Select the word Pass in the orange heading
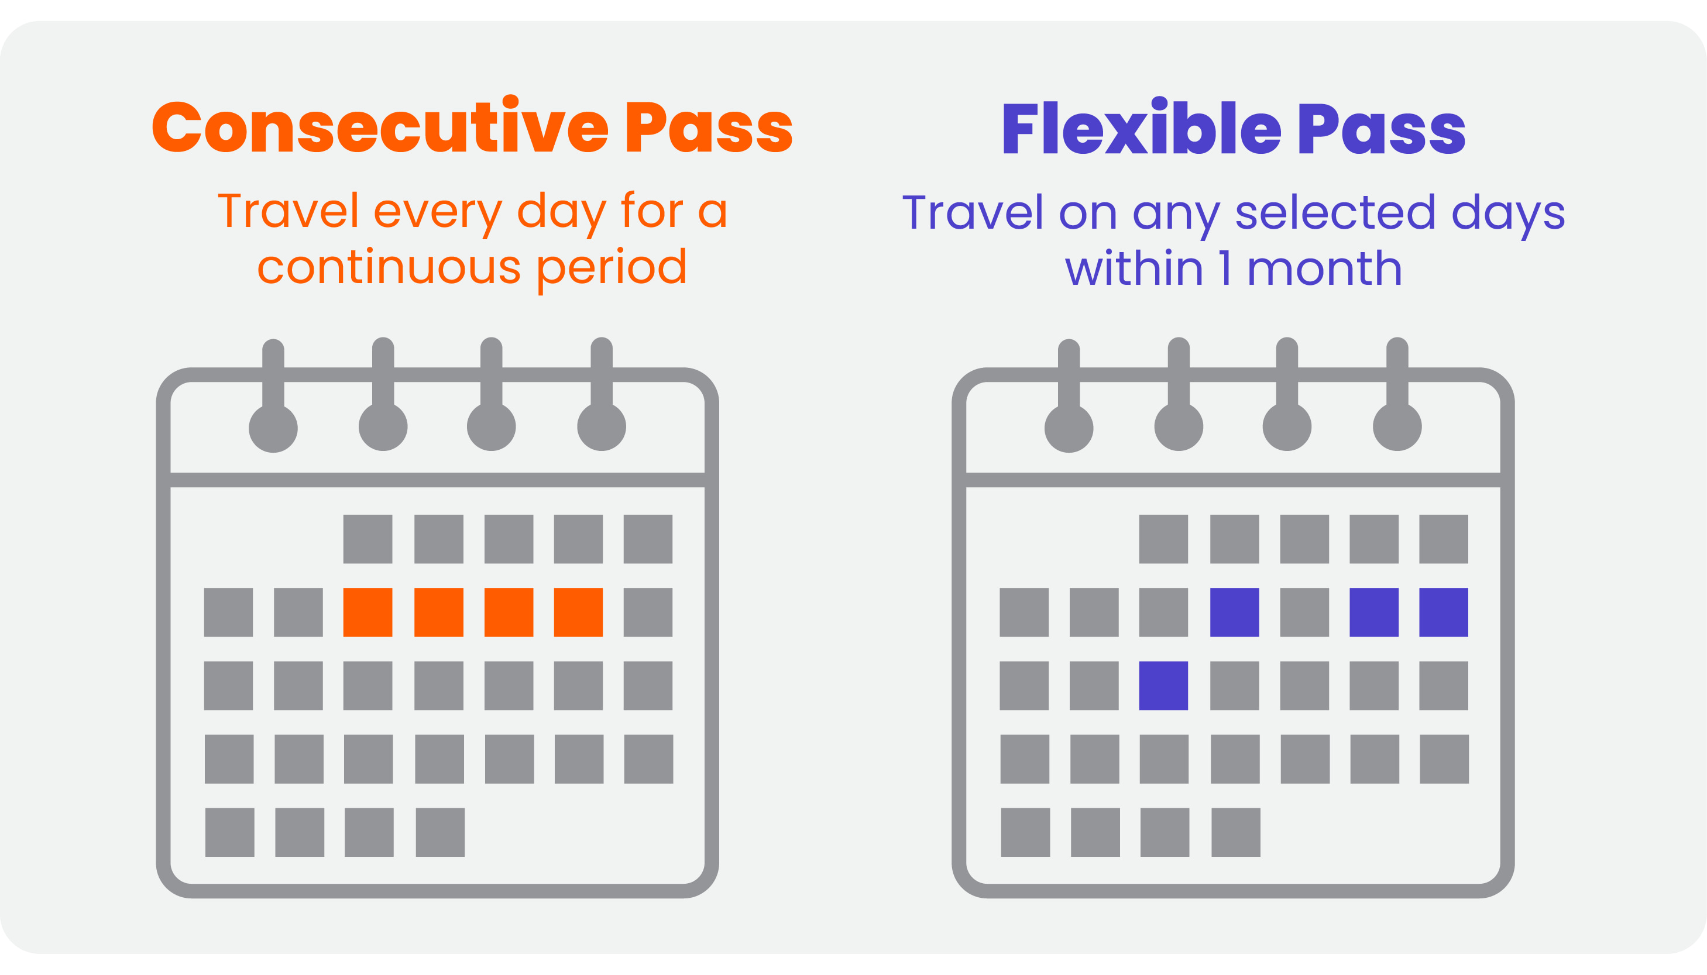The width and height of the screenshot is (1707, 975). pyautogui.click(x=709, y=128)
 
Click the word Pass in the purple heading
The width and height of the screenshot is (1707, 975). pyautogui.click(x=1382, y=128)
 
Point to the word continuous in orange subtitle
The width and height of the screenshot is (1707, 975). pyautogui.click(x=389, y=267)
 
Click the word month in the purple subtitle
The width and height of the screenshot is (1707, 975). pyautogui.click(x=1324, y=268)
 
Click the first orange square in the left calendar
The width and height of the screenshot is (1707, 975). pyautogui.click(x=368, y=612)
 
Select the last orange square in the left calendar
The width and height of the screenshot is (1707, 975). pyautogui.click(x=578, y=612)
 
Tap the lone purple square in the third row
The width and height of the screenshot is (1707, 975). pyautogui.click(x=1164, y=685)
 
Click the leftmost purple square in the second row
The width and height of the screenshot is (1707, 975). pyautogui.click(x=1235, y=612)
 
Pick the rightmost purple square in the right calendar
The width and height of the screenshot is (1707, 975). pyautogui.click(x=1444, y=612)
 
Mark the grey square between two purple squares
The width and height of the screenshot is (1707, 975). pyautogui.click(x=1304, y=612)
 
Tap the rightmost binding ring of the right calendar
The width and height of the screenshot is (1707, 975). pyautogui.click(x=1397, y=426)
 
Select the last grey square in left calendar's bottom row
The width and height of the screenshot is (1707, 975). pyautogui.click(x=440, y=832)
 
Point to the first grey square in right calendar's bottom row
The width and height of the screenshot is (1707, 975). pyautogui.click(x=1026, y=832)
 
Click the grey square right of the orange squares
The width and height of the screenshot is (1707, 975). pyautogui.click(x=648, y=612)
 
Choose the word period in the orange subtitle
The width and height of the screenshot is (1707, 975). pyautogui.click(x=612, y=267)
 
